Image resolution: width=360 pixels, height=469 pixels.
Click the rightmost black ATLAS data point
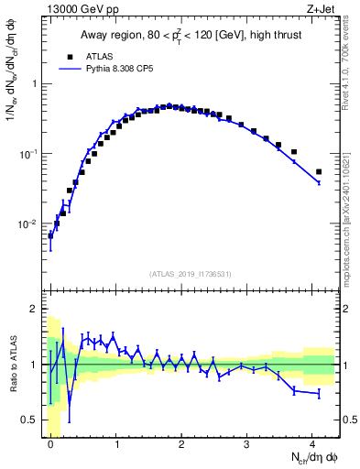[x=319, y=171]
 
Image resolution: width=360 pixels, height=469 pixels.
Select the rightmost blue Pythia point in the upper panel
[x=319, y=183]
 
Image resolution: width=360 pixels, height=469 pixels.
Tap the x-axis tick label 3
[x=246, y=444]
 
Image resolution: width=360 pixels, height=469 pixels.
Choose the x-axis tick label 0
[x=50, y=444]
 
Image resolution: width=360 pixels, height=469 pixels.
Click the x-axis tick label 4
[x=312, y=444]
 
